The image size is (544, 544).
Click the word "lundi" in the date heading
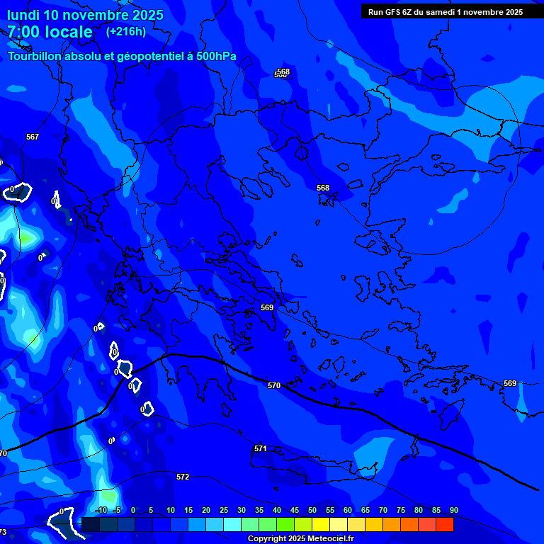[23, 15]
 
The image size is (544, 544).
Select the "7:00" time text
[23, 32]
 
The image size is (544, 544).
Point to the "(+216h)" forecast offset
[126, 31]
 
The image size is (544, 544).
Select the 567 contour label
[33, 137]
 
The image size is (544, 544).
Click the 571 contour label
[260, 448]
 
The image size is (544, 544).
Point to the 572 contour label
[183, 477]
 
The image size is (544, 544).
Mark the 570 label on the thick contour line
[274, 385]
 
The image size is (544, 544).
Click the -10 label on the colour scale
[101, 510]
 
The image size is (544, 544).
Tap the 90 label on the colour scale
[453, 510]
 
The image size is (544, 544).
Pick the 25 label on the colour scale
[223, 510]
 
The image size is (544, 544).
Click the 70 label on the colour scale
[382, 510]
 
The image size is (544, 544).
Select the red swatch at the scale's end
[444, 524]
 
